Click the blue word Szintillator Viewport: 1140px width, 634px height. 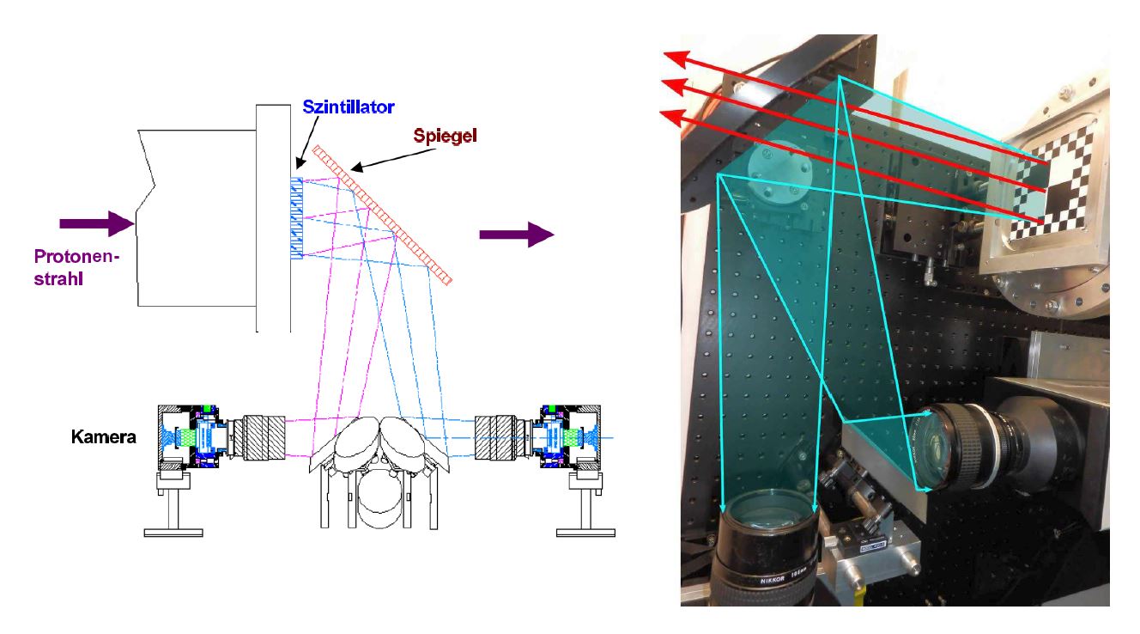pyautogui.click(x=349, y=107)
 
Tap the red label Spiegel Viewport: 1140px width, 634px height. pyautogui.click(x=445, y=136)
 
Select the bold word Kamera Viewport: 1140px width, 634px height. pyautogui.click(x=103, y=437)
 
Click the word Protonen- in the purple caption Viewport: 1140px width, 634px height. pyautogui.click(x=76, y=256)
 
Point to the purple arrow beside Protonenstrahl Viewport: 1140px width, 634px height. pyautogui.click(x=97, y=223)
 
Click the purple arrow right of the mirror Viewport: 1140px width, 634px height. pyautogui.click(x=517, y=235)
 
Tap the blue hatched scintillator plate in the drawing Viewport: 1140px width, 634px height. pyautogui.click(x=297, y=218)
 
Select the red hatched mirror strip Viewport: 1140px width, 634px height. pyautogui.click(x=382, y=215)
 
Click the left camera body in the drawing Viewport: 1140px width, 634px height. pyautogui.click(x=191, y=437)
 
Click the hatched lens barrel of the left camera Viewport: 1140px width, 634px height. pyautogui.click(x=264, y=437)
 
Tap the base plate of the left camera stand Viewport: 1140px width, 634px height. pyautogui.click(x=173, y=533)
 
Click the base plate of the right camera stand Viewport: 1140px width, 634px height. pyautogui.click(x=585, y=533)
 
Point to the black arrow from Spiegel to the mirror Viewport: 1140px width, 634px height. pyautogui.click(x=393, y=160)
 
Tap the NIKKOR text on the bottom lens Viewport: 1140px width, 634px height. pyautogui.click(x=773, y=580)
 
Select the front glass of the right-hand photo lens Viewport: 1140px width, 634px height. pyautogui.click(x=937, y=448)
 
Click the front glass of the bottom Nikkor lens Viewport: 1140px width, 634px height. pyautogui.click(x=768, y=515)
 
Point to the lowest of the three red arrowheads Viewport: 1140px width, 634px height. pyautogui.click(x=674, y=118)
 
